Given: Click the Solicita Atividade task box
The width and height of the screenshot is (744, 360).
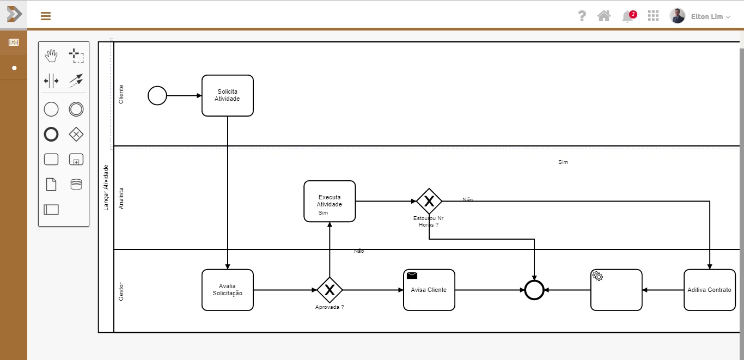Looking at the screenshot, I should (x=228, y=96).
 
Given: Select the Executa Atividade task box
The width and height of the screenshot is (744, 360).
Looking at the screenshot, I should (x=330, y=201).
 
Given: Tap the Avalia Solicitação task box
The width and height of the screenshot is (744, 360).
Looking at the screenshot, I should (x=228, y=290).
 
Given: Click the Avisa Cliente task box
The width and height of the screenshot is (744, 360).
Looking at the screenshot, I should (x=429, y=290).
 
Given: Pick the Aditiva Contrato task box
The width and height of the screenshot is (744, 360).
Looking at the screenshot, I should (x=710, y=290).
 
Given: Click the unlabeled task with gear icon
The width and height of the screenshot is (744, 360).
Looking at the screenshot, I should (x=617, y=290).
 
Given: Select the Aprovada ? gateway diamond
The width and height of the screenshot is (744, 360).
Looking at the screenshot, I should (x=330, y=290).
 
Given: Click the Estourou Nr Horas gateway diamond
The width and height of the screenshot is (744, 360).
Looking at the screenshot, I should (x=429, y=201).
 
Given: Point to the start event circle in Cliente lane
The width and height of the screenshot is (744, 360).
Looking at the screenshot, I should (x=157, y=96).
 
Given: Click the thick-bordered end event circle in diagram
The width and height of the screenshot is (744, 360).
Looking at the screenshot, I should (x=534, y=290).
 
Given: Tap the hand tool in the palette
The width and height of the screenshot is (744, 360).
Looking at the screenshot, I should (x=51, y=56).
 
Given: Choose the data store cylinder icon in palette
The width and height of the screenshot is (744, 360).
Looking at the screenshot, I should (x=76, y=185).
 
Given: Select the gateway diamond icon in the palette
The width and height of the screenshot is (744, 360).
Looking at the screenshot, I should (x=76, y=134).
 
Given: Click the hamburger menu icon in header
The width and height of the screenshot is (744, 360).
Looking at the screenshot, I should (x=46, y=16).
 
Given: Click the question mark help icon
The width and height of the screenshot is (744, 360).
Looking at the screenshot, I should (x=582, y=16).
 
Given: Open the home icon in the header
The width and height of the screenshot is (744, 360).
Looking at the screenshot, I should (x=604, y=16).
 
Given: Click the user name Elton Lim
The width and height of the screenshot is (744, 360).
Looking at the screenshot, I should (x=707, y=16).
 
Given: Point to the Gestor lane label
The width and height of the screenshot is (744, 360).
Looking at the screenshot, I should (x=121, y=291).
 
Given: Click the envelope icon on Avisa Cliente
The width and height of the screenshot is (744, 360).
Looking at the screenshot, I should (x=412, y=276).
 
